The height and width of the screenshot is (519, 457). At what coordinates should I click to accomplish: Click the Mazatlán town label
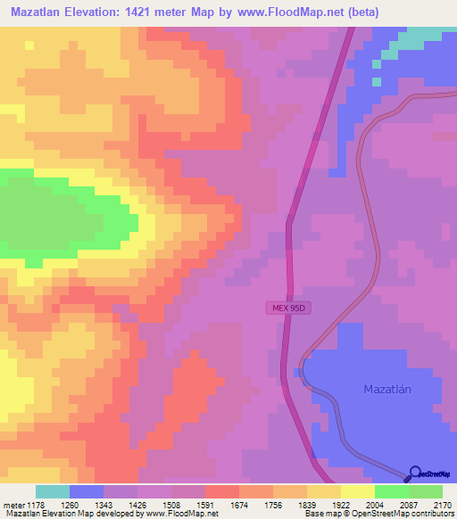(x=392, y=390)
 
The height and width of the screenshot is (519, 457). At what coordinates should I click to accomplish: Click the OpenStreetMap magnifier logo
(x=413, y=474)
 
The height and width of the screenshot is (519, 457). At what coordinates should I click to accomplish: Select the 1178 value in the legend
(x=37, y=505)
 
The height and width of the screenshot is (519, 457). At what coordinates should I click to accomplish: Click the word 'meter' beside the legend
(x=12, y=505)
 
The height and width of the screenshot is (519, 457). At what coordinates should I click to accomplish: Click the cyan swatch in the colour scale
(x=53, y=491)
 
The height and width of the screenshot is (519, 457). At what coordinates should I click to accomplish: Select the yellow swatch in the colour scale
(x=357, y=491)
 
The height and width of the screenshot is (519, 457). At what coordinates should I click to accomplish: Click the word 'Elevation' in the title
(x=102, y=12)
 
